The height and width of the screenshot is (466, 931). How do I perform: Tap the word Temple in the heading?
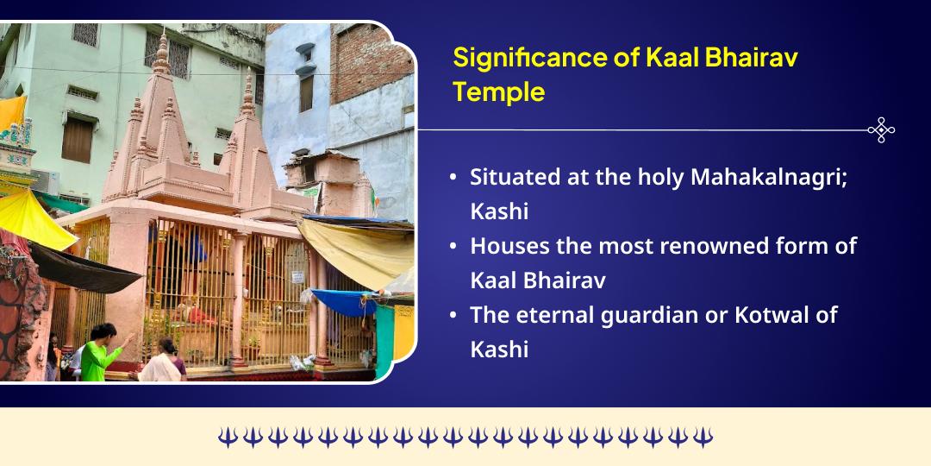499,91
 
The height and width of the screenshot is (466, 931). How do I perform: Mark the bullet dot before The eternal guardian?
453,316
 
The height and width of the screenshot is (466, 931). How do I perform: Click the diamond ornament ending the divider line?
881,130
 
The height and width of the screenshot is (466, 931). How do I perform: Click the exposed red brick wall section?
372,60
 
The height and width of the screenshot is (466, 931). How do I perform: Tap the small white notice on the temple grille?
297,277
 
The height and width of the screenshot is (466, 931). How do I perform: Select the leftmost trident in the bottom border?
227,438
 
